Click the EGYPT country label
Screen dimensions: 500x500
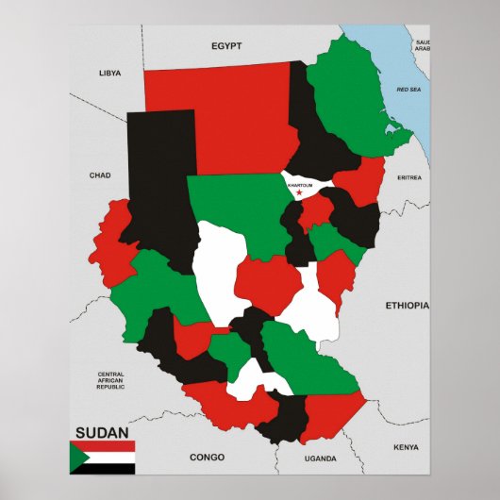point(226,45)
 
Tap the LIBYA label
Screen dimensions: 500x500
point(111,73)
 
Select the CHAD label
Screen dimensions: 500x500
point(100,175)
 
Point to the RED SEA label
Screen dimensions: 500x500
point(408,89)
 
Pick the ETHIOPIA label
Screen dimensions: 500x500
point(407,306)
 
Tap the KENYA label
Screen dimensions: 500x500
point(406,447)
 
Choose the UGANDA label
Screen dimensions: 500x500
point(320,458)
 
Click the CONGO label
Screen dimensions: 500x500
point(207,458)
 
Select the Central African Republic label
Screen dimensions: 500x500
point(110,380)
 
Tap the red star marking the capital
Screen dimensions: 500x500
point(300,193)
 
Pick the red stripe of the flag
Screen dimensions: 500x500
point(108,446)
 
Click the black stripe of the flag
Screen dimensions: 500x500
point(108,468)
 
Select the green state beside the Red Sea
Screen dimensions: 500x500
point(354,99)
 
